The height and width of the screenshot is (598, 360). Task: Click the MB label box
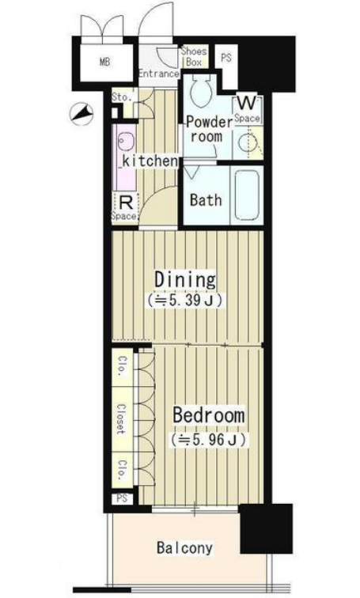pyautogui.click(x=105, y=62)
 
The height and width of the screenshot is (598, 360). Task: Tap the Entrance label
pyautogui.click(x=159, y=74)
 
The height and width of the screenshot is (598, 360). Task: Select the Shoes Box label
pyautogui.click(x=194, y=56)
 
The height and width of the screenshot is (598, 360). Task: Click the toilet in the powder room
pyautogui.click(x=200, y=90)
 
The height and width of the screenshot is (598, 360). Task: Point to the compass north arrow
pyautogui.click(x=81, y=114)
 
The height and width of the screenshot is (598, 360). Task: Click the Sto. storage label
pyautogui.click(x=121, y=97)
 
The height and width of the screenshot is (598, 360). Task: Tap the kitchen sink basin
pyautogui.click(x=127, y=142)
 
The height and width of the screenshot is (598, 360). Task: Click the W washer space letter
pyautogui.click(x=247, y=103)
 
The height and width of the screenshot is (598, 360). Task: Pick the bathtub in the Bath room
pyautogui.click(x=247, y=195)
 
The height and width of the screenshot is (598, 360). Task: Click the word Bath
pyautogui.click(x=206, y=200)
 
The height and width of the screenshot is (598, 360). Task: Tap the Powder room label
pyautogui.click(x=208, y=129)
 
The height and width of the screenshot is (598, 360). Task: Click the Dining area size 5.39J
pyautogui.click(x=185, y=300)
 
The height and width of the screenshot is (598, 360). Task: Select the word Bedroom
pyautogui.click(x=208, y=415)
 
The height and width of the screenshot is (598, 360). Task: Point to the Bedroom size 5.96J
pyautogui.click(x=210, y=440)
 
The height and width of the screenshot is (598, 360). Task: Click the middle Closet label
pyautogui.click(x=121, y=419)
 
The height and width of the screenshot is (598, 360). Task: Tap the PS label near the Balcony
pyautogui.click(x=122, y=498)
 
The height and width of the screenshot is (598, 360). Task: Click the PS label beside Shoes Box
pyautogui.click(x=226, y=58)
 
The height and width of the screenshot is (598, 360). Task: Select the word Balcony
pyautogui.click(x=184, y=547)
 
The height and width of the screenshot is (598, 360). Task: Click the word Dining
pyautogui.click(x=185, y=279)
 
